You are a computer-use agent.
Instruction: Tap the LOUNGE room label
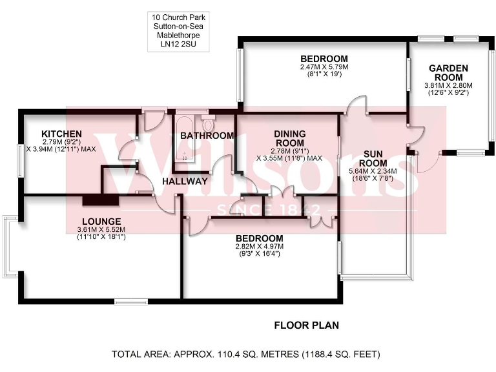click(97, 221)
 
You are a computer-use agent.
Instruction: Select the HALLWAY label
click(185, 181)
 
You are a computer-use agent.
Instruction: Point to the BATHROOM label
click(207, 136)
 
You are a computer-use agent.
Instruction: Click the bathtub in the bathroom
click(185, 138)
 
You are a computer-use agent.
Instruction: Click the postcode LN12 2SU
click(180, 46)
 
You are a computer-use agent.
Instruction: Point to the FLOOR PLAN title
click(306, 325)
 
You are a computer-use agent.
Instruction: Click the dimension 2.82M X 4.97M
click(259, 246)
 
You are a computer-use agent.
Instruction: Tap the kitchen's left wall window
click(19, 159)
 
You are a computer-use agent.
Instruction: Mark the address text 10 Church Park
click(180, 17)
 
